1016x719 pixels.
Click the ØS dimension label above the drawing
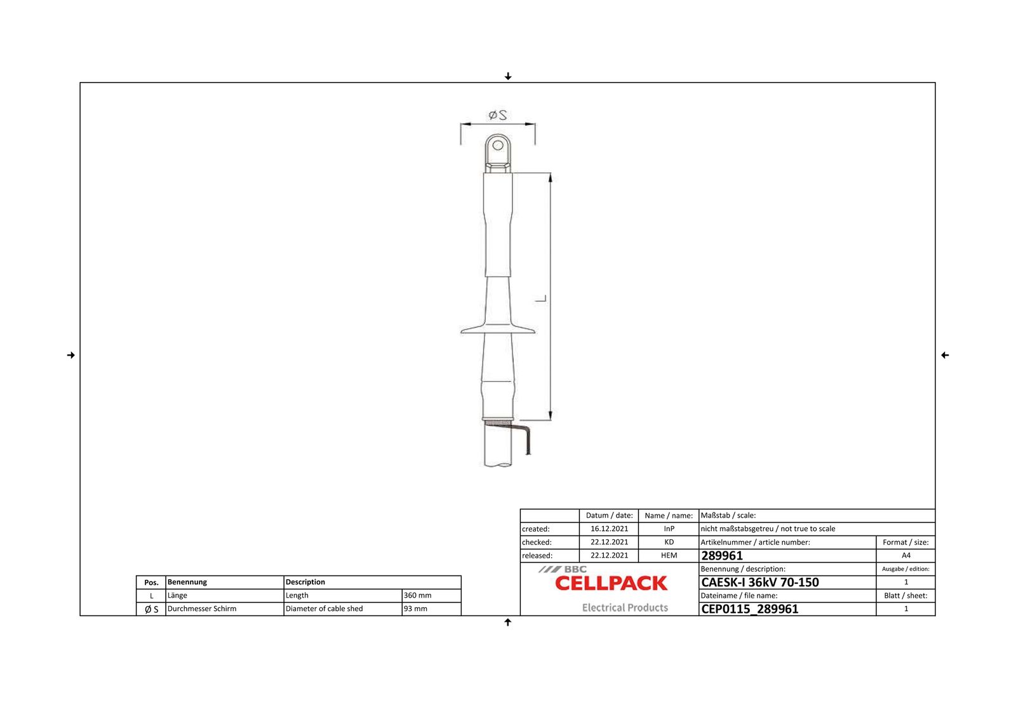coord(498,115)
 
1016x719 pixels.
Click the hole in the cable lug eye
coord(498,145)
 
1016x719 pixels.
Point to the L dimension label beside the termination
coord(541,298)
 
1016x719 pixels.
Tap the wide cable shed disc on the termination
coord(498,329)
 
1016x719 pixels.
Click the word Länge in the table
coord(177,595)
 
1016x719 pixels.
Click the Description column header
coord(305,582)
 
